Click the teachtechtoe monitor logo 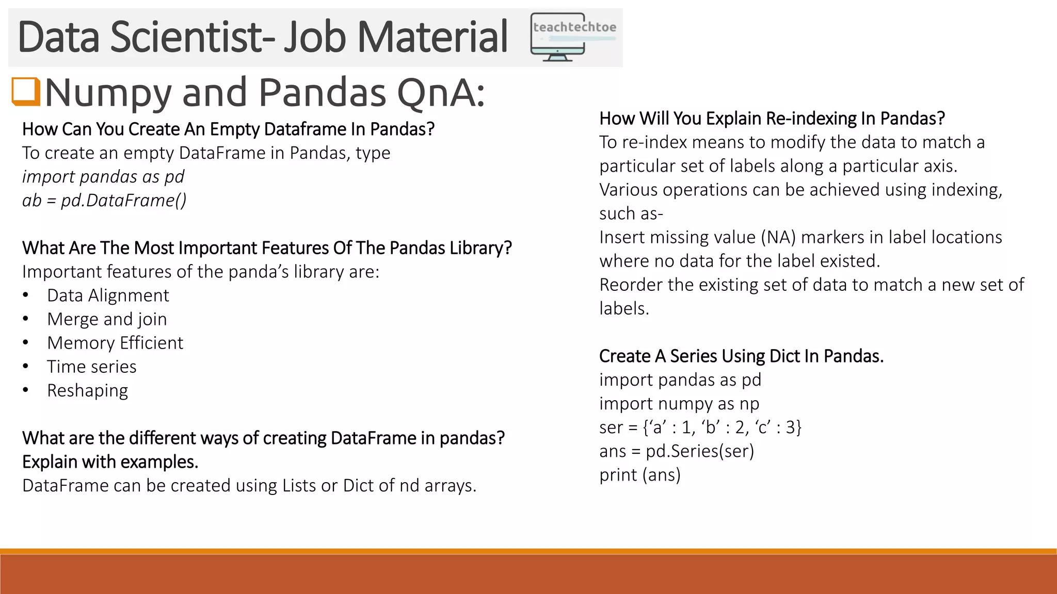[x=573, y=37]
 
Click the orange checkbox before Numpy [x=26, y=91]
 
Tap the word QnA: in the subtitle [x=441, y=93]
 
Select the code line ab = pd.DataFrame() [x=104, y=200]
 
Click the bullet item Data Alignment [x=108, y=295]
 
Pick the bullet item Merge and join [x=107, y=319]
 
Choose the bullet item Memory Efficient [x=115, y=343]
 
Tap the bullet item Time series [x=92, y=367]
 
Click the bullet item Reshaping [x=88, y=390]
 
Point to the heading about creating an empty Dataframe [x=228, y=129]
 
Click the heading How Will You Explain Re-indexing [x=772, y=119]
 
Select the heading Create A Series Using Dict [x=741, y=356]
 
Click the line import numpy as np [x=679, y=404]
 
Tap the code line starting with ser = [x=700, y=427]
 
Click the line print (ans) [x=640, y=475]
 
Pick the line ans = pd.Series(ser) [x=677, y=451]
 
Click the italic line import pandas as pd [x=103, y=176]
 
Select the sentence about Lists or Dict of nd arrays [x=249, y=486]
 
